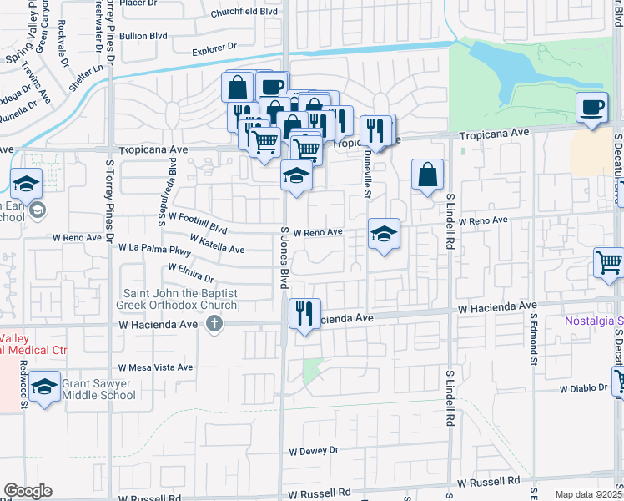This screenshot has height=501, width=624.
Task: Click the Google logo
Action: coord(28,491)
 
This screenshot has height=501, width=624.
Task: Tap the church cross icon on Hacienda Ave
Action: coord(214,324)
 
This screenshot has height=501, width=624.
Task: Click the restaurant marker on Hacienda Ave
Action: coord(304,314)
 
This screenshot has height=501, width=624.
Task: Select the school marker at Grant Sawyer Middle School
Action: coord(45,386)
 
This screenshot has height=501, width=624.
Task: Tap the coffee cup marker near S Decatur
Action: coord(591,108)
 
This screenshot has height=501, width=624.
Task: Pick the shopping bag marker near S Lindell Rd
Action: coord(427,175)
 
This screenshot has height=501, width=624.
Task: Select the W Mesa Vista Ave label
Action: coord(155,367)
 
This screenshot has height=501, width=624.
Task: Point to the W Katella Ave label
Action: coord(217,244)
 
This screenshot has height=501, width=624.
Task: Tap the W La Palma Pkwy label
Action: coord(155,249)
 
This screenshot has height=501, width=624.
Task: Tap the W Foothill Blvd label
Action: coord(198,221)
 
